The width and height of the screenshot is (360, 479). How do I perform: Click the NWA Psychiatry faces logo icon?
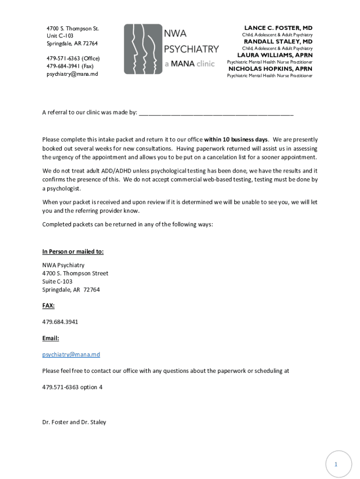[x=143, y=49]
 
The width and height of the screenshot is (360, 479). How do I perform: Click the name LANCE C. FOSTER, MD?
[x=278, y=28]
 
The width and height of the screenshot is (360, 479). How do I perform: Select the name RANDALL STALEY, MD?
[x=278, y=42]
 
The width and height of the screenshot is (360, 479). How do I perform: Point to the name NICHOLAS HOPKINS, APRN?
[x=270, y=69]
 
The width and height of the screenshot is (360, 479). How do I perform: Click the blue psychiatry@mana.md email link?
[x=71, y=355]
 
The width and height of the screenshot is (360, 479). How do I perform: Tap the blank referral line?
[x=216, y=113]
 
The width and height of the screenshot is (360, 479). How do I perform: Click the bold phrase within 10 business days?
[x=236, y=140]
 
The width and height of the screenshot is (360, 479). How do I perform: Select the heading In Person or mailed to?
[x=73, y=252]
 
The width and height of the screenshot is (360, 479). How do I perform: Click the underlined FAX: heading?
[x=49, y=305]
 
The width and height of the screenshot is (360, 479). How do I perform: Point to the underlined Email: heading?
[x=50, y=338]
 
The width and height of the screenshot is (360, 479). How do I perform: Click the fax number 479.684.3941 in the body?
[x=60, y=322]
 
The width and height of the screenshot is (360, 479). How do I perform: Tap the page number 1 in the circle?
[x=335, y=464]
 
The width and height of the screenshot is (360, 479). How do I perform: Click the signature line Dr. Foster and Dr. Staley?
[x=74, y=422]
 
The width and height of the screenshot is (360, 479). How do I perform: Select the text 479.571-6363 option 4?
[x=72, y=387]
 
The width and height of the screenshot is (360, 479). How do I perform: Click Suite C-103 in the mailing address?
[x=58, y=282]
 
